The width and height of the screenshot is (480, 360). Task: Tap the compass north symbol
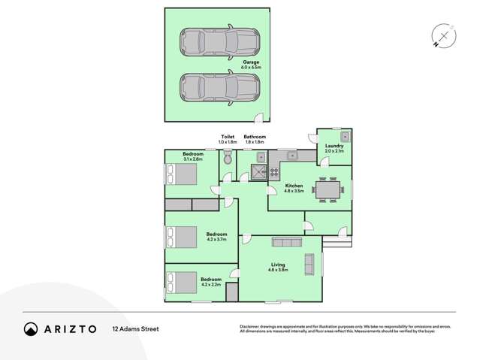tap(444, 36)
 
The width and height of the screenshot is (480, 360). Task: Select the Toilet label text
tap(227, 137)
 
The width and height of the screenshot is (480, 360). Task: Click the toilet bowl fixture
tap(228, 158)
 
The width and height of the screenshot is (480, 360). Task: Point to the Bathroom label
tap(255, 137)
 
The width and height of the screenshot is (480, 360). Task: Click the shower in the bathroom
tap(259, 172)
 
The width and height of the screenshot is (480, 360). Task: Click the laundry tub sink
tap(345, 136)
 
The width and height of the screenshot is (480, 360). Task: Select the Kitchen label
tap(294, 186)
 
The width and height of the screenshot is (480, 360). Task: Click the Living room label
tap(278, 265)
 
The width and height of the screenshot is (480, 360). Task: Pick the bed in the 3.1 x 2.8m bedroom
tap(180, 175)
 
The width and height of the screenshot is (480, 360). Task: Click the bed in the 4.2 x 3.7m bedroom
tap(180, 237)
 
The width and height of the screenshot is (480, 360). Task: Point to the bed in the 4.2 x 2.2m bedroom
tap(180, 283)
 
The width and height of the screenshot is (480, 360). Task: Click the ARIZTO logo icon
tap(31, 328)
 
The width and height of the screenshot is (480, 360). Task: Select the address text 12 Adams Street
tap(136, 328)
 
